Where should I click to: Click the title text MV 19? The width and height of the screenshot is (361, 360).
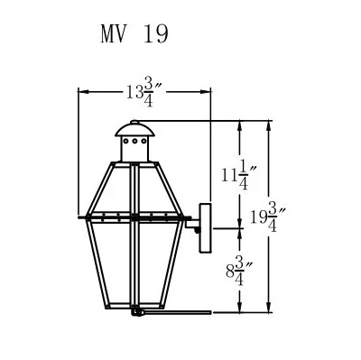click(x=134, y=33)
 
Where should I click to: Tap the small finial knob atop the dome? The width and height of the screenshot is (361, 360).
click(x=135, y=122)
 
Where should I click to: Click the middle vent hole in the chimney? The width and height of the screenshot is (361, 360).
click(x=135, y=141)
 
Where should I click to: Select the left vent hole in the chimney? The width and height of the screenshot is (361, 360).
click(x=126, y=141)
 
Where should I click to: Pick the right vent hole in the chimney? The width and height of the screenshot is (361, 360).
click(x=144, y=141)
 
